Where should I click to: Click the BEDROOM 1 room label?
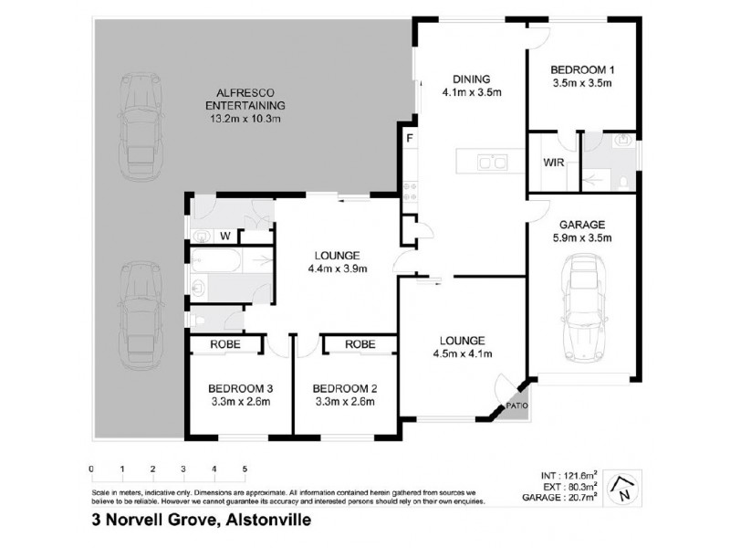580,69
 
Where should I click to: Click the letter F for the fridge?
410,138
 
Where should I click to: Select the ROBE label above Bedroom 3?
225,345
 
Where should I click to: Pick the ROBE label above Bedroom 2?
360,345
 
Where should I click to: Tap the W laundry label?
224,237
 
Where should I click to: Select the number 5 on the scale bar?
245,469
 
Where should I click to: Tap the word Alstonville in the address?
266,521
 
